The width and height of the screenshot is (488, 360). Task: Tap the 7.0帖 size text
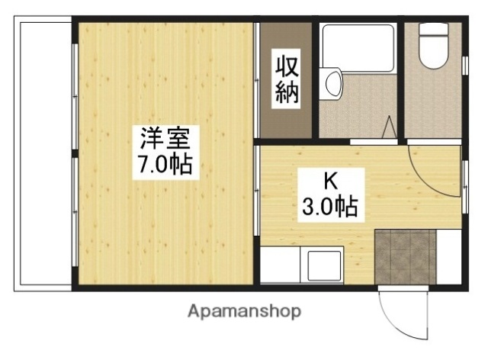coord(165,164)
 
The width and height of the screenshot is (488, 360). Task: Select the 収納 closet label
coord(286,80)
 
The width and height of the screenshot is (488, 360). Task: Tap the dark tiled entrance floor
coord(405,256)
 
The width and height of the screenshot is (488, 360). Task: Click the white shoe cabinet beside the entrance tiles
coord(449,256)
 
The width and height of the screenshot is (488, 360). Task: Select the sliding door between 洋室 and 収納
coord(257,80)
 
